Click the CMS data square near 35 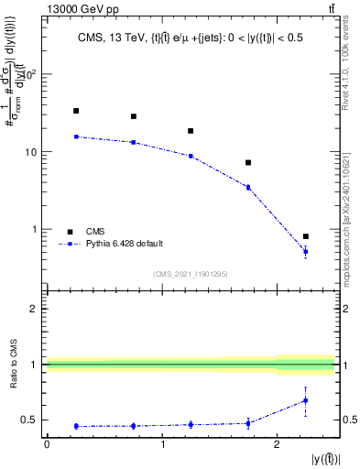coord(76,111)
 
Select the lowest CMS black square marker coord(306,236)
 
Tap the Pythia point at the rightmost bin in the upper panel coord(306,251)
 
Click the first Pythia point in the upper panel coord(76,136)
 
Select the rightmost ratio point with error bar coord(306,400)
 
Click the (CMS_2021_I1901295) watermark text coord(191,274)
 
